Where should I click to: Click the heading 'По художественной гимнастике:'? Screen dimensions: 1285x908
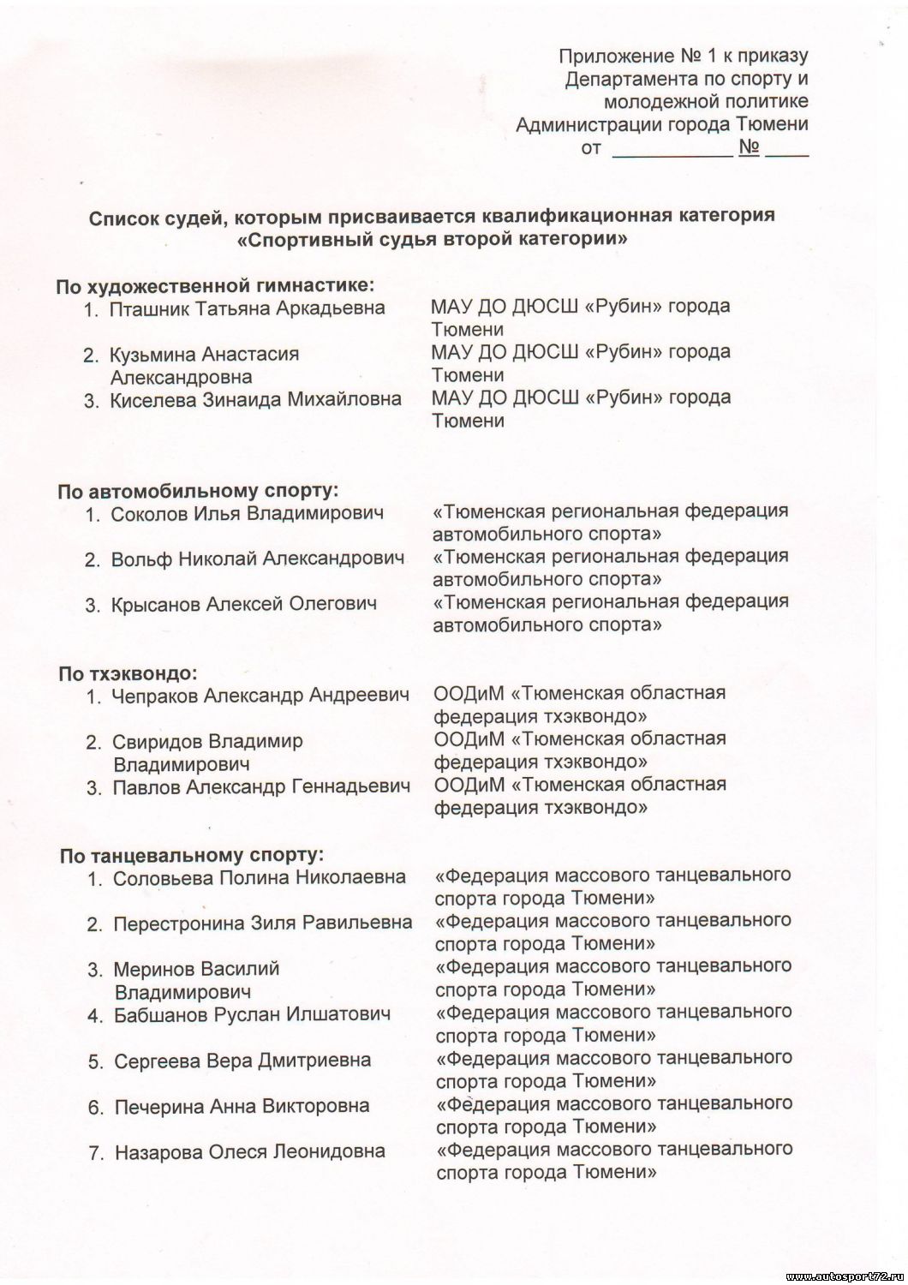click(x=215, y=285)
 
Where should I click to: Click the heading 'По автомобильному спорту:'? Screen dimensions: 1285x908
click(x=199, y=491)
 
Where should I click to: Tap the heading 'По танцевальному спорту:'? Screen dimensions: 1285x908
click(x=192, y=855)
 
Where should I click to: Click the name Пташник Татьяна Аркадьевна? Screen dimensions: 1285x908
click(x=247, y=308)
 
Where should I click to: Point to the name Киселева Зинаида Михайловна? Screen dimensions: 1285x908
click(x=255, y=399)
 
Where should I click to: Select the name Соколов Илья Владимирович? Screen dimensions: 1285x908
click(x=248, y=514)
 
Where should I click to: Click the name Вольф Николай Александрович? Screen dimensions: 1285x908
click(x=257, y=559)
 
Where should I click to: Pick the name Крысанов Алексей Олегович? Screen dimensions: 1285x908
click(x=244, y=605)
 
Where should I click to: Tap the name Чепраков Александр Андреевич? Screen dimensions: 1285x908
click(x=260, y=696)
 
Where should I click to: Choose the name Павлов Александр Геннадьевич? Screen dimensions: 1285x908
click(x=261, y=786)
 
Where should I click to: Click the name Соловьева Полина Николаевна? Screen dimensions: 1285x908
click(x=260, y=878)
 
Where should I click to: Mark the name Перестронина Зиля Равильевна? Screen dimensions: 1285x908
click(x=262, y=923)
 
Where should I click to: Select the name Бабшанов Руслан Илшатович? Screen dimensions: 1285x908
click(x=253, y=1015)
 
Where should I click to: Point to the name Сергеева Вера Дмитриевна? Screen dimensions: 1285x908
click(x=242, y=1061)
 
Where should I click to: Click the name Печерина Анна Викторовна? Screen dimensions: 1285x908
click(x=242, y=1106)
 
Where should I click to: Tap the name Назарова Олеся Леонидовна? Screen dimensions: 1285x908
click(x=249, y=1152)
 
